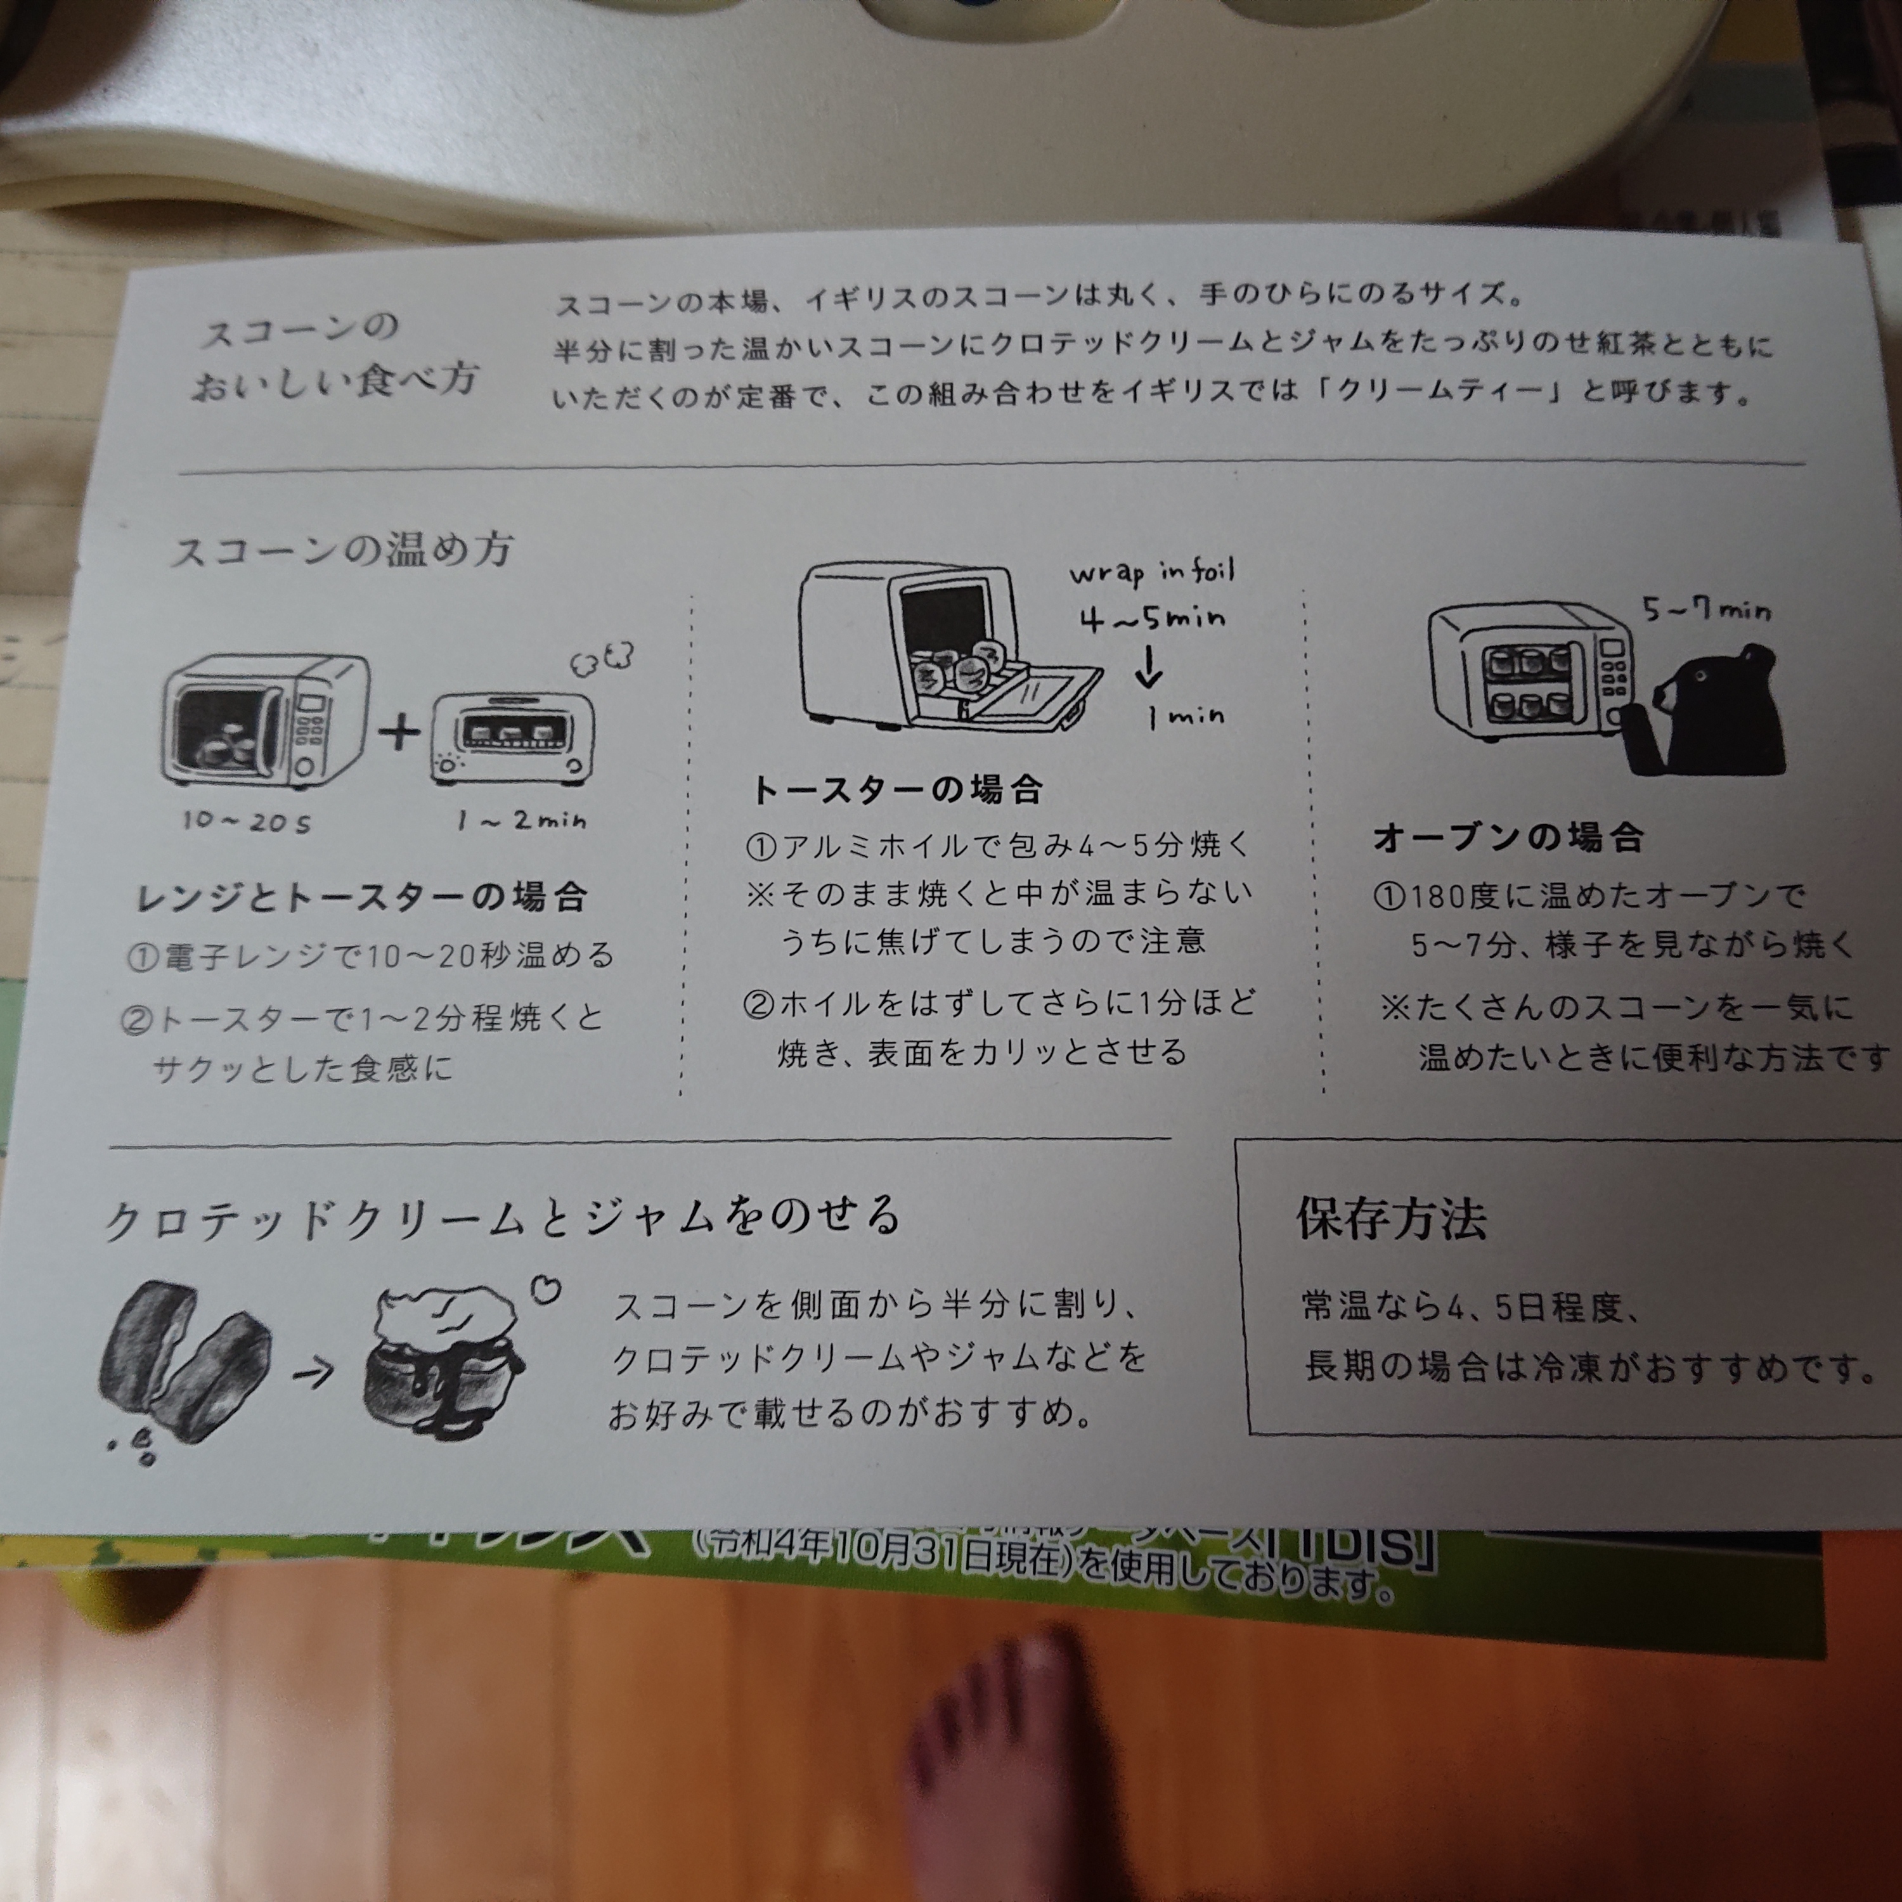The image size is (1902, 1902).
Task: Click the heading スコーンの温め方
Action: (342, 549)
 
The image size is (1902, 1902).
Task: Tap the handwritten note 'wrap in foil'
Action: (1152, 571)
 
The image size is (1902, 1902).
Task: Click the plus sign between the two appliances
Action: (399, 732)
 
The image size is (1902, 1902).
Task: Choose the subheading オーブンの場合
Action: (1509, 837)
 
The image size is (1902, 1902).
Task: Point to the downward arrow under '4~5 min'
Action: (1148, 666)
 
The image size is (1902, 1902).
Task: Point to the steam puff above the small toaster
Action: (602, 659)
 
